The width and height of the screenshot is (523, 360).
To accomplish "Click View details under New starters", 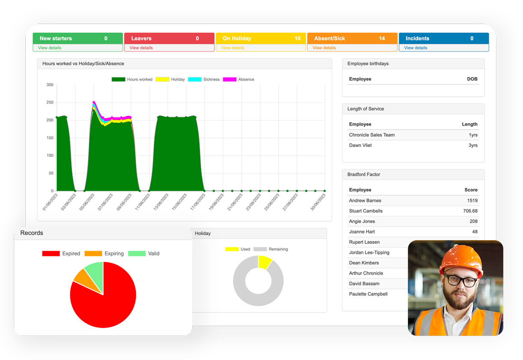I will (x=49, y=48).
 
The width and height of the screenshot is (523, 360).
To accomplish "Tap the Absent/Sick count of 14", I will (x=382, y=39).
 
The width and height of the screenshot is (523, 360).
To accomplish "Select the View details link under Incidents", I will (x=415, y=48).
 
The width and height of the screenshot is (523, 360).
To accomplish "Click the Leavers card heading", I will (x=141, y=39).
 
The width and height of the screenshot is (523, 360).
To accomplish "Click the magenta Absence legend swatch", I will (x=230, y=79).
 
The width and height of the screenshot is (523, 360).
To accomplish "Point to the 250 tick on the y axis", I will (x=50, y=102).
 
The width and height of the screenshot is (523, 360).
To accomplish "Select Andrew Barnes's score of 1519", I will (x=472, y=201).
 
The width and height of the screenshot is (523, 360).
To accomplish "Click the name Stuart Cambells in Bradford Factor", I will (x=366, y=211).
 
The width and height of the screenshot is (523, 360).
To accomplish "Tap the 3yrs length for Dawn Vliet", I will (x=472, y=145).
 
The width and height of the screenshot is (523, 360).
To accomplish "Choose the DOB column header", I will (x=472, y=79).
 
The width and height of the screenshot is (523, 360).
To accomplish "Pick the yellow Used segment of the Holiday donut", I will (x=265, y=262).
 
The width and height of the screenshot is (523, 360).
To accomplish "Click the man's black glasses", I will (x=461, y=281).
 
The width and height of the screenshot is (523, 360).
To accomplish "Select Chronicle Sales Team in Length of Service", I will (x=372, y=135).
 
